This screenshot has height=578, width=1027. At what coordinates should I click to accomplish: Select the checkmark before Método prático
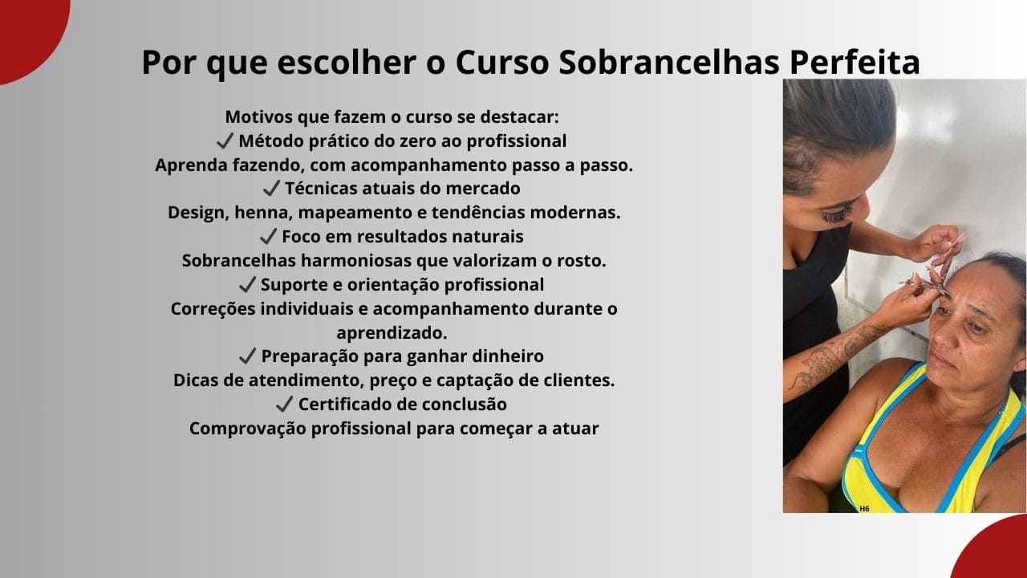pos(225,141)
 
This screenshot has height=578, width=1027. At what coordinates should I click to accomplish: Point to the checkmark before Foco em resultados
pos(268,237)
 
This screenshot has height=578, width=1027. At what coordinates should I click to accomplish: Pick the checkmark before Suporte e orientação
pos(247,285)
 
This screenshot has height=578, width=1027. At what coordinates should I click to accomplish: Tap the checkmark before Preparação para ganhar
pos(247,356)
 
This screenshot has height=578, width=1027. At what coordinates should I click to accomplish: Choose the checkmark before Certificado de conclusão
pos(284,404)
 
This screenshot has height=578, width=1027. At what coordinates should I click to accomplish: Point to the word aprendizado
pos(392,333)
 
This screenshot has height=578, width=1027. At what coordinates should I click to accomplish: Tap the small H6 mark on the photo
pos(864,508)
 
